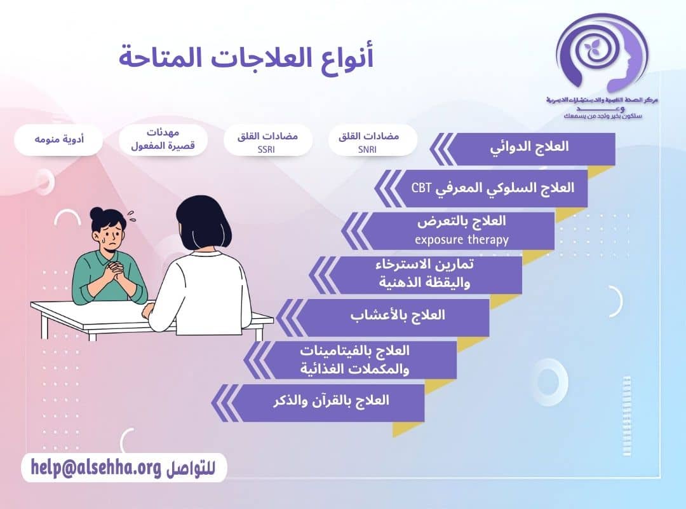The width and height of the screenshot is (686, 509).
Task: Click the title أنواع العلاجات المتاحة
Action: [x=246, y=57]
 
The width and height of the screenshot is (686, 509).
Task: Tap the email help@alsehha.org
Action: [x=95, y=468]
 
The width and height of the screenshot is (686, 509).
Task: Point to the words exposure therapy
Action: [x=462, y=240]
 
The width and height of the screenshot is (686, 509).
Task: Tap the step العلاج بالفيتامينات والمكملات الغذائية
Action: [x=363, y=359]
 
